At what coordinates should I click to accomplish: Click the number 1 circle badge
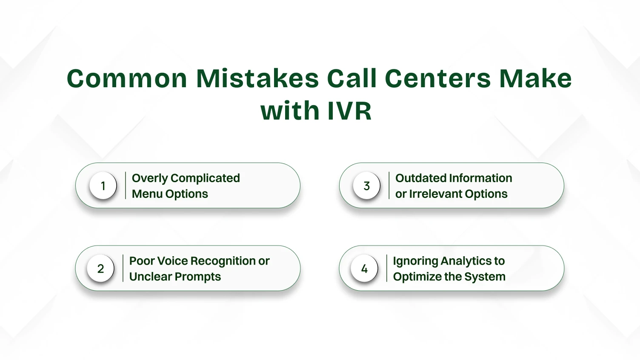pos(103,186)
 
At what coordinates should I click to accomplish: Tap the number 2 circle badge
pos(100,268)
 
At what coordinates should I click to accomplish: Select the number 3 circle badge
pos(366,186)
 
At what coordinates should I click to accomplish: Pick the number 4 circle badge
pos(364,268)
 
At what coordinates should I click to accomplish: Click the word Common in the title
pos(127,78)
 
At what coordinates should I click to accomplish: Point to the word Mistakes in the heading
pos(257,78)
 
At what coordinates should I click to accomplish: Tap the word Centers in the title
pos(437,78)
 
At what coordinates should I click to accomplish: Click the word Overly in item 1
pos(150,179)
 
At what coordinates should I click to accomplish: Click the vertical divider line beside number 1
pos(126,186)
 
